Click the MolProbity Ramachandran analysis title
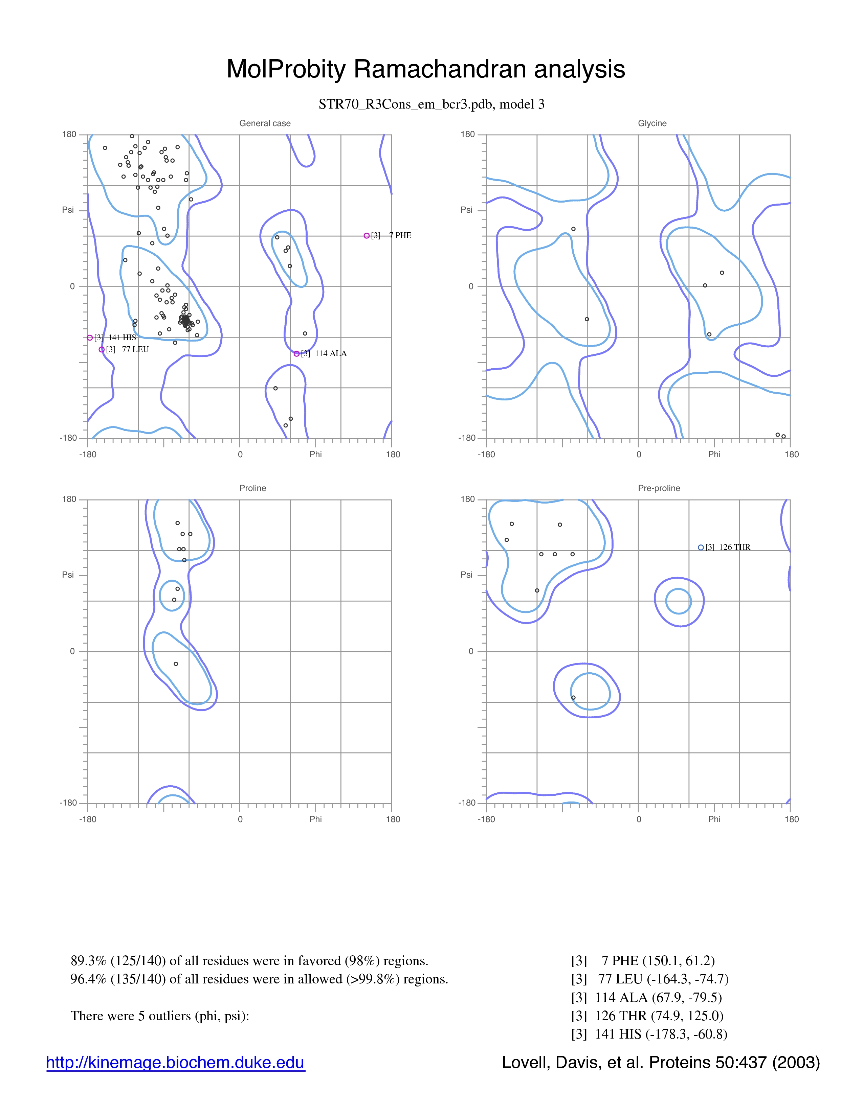point(425,69)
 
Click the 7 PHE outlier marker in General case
point(367,236)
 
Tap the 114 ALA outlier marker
point(296,354)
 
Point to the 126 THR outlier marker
point(701,547)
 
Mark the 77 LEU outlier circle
point(102,350)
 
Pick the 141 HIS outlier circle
point(90,338)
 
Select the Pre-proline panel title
point(659,488)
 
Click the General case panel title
point(265,123)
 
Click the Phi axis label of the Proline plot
point(315,819)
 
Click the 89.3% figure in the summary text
point(88,961)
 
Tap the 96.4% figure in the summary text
point(88,979)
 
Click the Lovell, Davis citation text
point(661,1062)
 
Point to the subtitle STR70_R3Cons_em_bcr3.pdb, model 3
point(431,104)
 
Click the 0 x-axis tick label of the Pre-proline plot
point(639,819)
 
